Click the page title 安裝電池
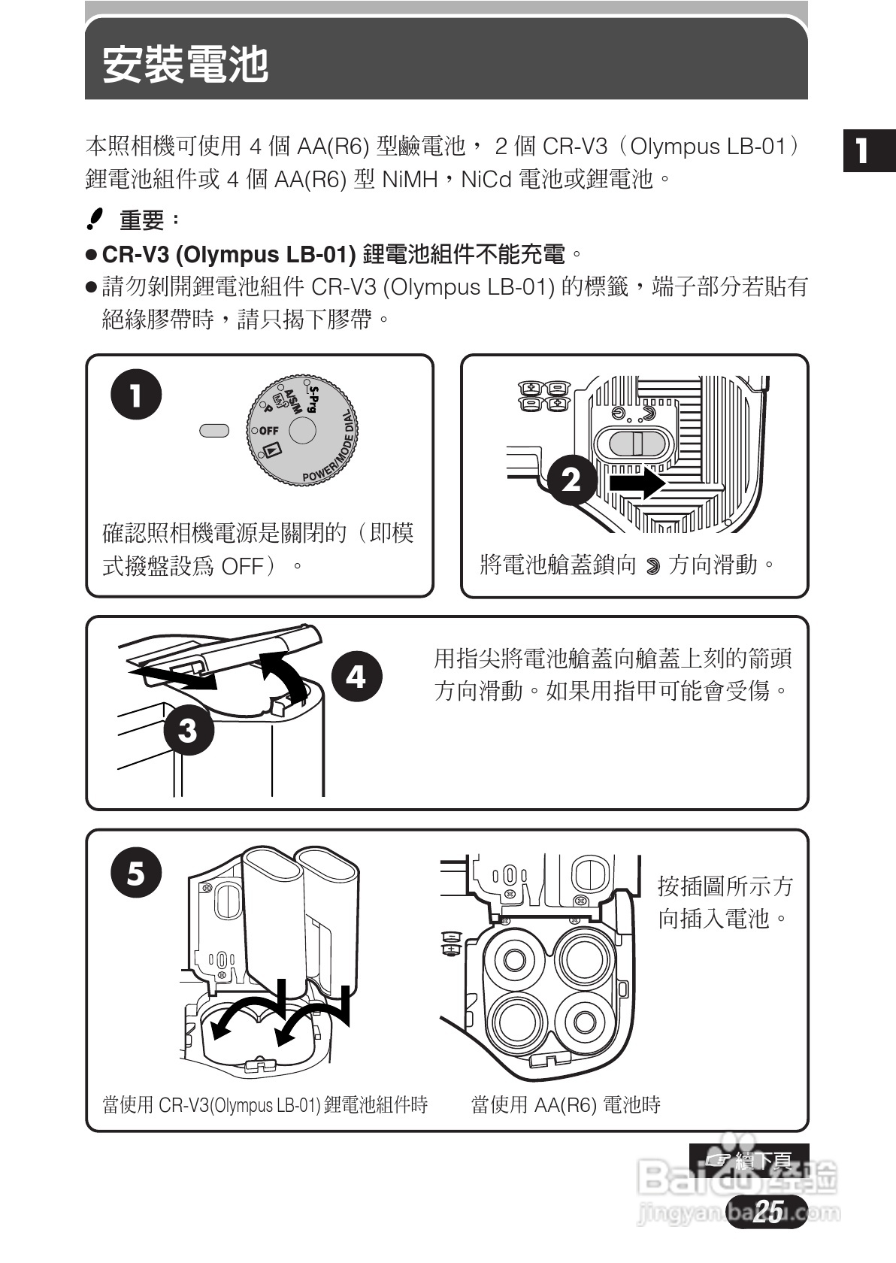click(x=185, y=65)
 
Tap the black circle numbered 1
click(x=136, y=394)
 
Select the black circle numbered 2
click(x=571, y=479)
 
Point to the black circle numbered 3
click(x=187, y=728)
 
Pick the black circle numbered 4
click(x=356, y=676)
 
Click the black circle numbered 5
click(x=136, y=872)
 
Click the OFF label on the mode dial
click(x=268, y=431)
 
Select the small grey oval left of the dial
click(x=214, y=430)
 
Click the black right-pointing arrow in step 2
click(x=637, y=482)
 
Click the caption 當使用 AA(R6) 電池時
click(x=565, y=1104)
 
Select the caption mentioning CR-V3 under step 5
click(x=265, y=1104)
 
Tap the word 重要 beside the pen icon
click(x=142, y=220)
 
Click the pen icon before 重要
click(x=95, y=219)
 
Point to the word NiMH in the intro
click(x=410, y=180)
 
